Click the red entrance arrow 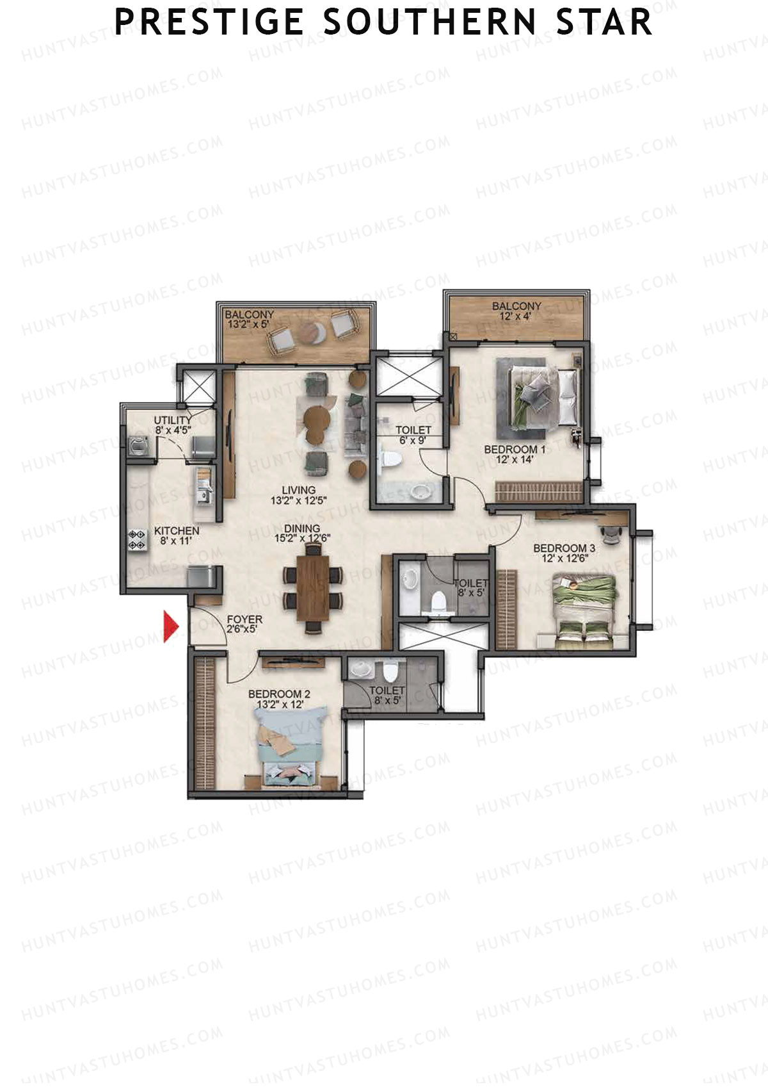(x=170, y=626)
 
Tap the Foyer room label (x=244, y=620)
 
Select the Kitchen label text (x=177, y=531)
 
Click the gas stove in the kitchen (x=137, y=539)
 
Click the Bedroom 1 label (x=515, y=450)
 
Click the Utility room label (x=172, y=420)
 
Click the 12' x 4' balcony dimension (x=516, y=316)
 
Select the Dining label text (x=302, y=528)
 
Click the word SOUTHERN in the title (x=428, y=22)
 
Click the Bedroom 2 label (x=279, y=694)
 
